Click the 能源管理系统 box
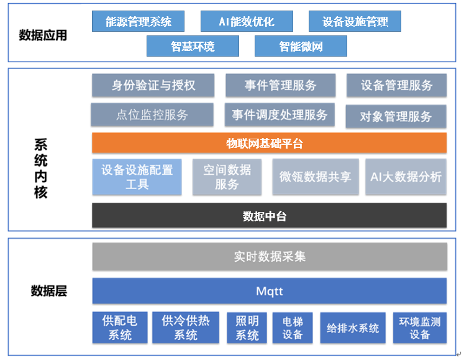[139, 22]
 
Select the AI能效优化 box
[247, 22]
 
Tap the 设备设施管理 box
[355, 22]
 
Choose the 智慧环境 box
[193, 46]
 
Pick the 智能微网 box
[301, 46]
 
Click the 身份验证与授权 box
[153, 85]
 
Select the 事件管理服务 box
[280, 85]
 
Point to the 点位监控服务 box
[152, 115]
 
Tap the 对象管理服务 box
[396, 116]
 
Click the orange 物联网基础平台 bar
[269, 143]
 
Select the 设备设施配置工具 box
[137, 177]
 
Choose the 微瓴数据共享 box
[315, 177]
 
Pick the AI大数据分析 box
[406, 177]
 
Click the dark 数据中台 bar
[269, 216]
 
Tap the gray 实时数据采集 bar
[269, 256]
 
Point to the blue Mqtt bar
[269, 291]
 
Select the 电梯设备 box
[292, 328]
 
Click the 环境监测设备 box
[419, 328]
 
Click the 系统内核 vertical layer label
[41, 168]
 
